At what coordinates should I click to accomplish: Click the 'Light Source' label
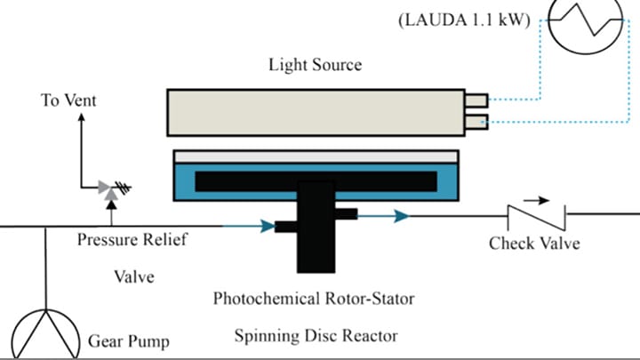316,65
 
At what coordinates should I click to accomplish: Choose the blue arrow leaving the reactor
396,215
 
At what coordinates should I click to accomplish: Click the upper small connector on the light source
476,100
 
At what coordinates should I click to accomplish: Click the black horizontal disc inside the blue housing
316,180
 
